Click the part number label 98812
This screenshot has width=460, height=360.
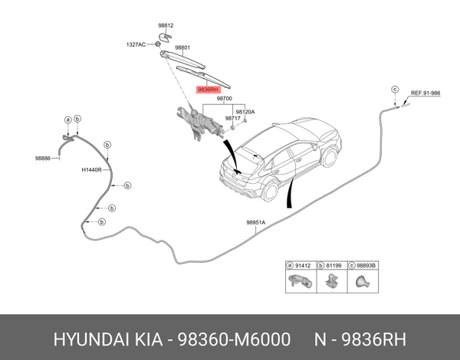[x=167, y=26]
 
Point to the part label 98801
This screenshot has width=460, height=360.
[x=182, y=47]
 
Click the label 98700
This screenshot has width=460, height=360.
[x=224, y=99]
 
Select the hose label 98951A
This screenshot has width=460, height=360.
[x=255, y=223]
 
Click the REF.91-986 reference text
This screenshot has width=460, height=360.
[x=426, y=93]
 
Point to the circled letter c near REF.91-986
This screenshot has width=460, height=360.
[x=396, y=90]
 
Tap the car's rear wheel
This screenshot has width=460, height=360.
[x=331, y=157]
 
